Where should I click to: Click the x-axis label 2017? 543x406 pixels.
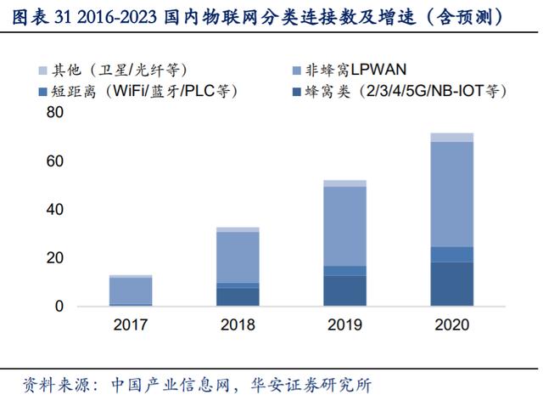coord(131,324)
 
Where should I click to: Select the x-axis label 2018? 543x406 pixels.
coord(238,324)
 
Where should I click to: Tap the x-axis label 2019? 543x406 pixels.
coord(344,324)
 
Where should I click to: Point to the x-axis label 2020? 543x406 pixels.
coord(451,324)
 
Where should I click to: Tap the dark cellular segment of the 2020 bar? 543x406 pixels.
coord(451,284)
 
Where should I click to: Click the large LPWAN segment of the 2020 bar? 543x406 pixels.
coord(451,194)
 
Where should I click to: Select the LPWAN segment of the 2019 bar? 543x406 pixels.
coord(344,226)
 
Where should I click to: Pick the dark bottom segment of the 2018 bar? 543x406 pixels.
coord(238,296)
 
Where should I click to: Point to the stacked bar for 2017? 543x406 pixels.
coord(131,290)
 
